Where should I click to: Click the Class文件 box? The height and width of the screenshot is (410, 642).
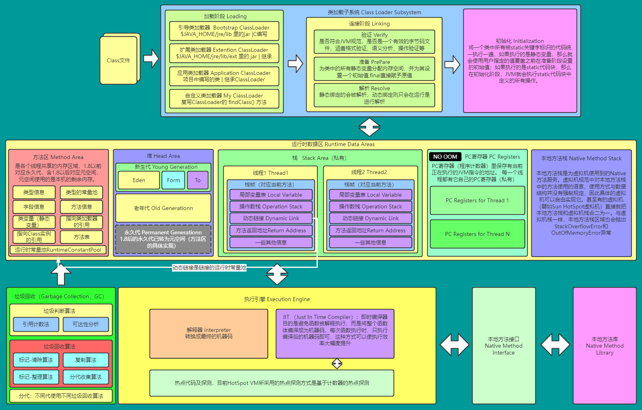119,60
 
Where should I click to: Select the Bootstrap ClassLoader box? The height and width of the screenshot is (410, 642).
224,31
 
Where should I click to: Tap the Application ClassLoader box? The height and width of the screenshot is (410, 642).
224,76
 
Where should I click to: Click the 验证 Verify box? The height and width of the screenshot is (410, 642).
374,41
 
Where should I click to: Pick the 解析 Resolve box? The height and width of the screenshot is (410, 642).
374,95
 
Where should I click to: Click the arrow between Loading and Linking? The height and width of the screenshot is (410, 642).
295,64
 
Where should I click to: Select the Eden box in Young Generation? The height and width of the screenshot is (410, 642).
139,180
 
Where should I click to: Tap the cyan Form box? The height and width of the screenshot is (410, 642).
173,180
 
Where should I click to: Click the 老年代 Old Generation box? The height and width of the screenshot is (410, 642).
163,208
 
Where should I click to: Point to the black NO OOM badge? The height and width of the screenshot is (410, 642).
445,157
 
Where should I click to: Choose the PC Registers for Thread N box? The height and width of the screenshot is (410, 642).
477,234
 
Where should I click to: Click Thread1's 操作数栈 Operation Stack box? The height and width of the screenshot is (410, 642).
271,206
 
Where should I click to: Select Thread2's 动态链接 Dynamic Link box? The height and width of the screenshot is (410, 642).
370,218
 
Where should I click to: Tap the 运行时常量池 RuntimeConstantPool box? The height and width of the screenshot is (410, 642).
58,250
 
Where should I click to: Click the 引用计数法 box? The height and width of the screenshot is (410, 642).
36,324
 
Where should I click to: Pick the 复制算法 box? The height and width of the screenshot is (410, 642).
86,360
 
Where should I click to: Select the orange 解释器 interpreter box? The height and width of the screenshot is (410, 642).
208,334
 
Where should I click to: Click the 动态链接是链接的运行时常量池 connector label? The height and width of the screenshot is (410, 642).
209,268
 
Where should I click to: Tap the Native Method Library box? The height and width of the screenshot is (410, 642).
604,346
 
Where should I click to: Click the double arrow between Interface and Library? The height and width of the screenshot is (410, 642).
555,344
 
